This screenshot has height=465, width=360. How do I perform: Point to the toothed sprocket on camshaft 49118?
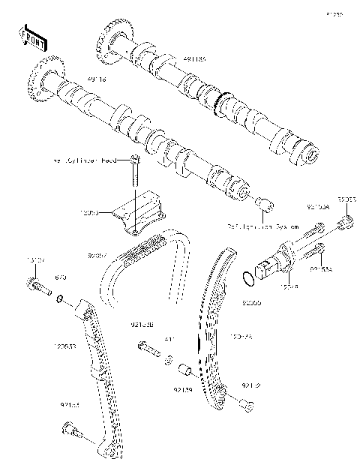[39, 78]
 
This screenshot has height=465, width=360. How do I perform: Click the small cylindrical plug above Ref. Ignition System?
[263, 204]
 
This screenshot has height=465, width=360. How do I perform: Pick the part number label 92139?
[184, 389]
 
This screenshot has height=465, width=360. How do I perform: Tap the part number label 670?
[62, 277]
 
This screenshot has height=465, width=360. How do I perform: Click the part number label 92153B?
[142, 325]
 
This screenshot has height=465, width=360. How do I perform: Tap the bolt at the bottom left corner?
[68, 430]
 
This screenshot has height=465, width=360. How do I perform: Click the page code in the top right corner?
[334, 14]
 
